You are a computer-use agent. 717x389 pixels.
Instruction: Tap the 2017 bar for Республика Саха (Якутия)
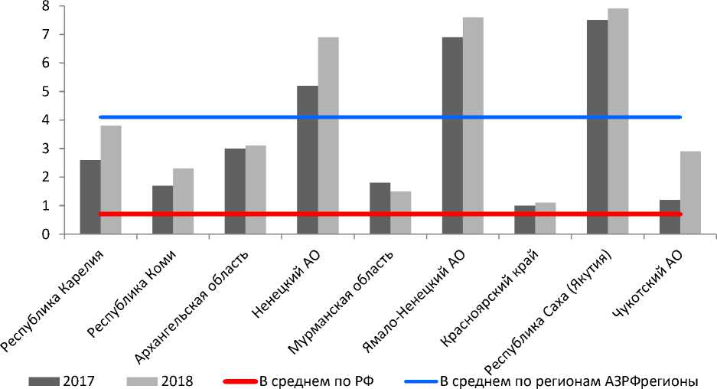tap(597, 127)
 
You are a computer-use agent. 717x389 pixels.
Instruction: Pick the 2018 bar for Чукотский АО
tap(690, 192)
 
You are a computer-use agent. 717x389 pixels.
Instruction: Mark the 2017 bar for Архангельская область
tap(235, 191)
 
